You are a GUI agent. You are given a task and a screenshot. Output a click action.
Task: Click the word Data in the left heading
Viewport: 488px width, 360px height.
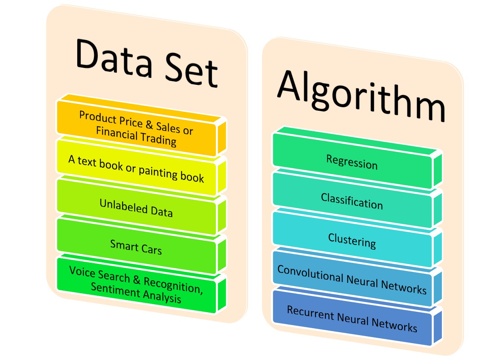[x=114, y=58]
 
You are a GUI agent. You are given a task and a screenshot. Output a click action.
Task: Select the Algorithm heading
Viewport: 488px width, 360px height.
[x=361, y=95]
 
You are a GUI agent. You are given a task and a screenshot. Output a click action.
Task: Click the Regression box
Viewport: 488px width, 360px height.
[x=352, y=162]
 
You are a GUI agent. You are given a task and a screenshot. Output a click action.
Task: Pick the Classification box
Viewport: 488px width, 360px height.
[x=352, y=201]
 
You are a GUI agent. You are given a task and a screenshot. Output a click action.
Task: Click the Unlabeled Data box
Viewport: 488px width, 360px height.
[x=136, y=208]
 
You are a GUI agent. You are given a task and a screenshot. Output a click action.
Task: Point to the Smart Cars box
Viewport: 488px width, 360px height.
[x=136, y=247]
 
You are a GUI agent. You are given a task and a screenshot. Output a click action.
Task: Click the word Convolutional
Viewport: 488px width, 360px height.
[x=311, y=274]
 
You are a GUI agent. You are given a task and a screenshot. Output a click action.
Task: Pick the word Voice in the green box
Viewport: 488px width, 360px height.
[x=82, y=272]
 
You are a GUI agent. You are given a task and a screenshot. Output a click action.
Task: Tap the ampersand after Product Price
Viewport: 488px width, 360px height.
[x=149, y=124]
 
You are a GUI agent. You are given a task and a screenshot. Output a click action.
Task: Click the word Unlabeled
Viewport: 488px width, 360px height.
[x=124, y=206]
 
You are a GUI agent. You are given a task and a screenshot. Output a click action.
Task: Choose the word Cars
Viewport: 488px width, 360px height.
[x=151, y=249]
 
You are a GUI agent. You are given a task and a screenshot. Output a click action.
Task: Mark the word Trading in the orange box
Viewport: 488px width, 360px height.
[x=159, y=139]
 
